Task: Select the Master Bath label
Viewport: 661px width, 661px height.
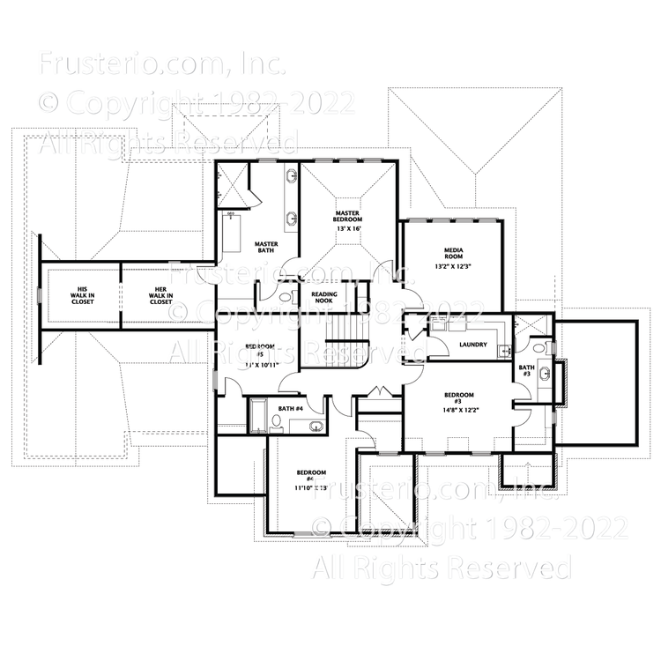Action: (266, 249)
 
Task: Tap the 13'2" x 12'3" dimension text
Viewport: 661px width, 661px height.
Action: (454, 266)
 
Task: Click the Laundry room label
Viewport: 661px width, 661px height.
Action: (473, 345)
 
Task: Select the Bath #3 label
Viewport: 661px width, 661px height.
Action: (526, 371)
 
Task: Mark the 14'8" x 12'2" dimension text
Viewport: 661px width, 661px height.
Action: (459, 409)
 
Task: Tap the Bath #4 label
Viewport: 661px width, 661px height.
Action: (291, 408)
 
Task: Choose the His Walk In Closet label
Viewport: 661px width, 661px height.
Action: (82, 294)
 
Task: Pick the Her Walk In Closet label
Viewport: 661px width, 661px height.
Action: (160, 294)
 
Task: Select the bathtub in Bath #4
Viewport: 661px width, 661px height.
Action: (256, 416)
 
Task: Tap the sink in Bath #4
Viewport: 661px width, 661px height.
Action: (315, 427)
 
